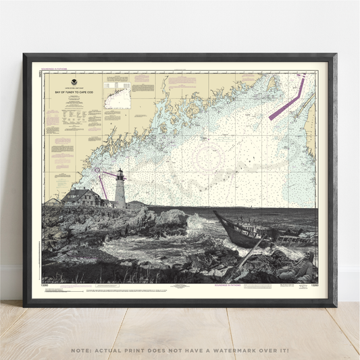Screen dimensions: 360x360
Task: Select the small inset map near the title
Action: coord(118,99)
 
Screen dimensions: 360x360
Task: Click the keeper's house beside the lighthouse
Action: coord(82,197)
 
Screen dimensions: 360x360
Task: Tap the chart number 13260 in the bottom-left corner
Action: coord(51,286)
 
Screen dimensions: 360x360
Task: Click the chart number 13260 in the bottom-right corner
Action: coord(308,286)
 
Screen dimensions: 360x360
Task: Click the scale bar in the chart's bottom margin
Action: coord(250,285)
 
